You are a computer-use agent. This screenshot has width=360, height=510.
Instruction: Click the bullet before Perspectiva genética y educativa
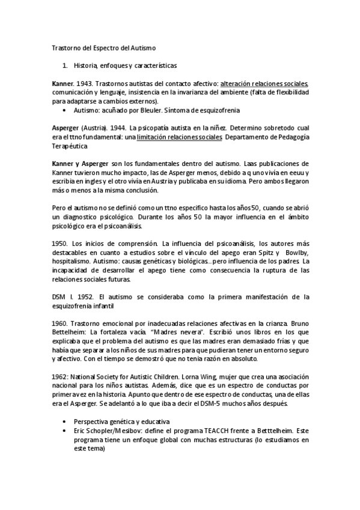click(64, 422)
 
